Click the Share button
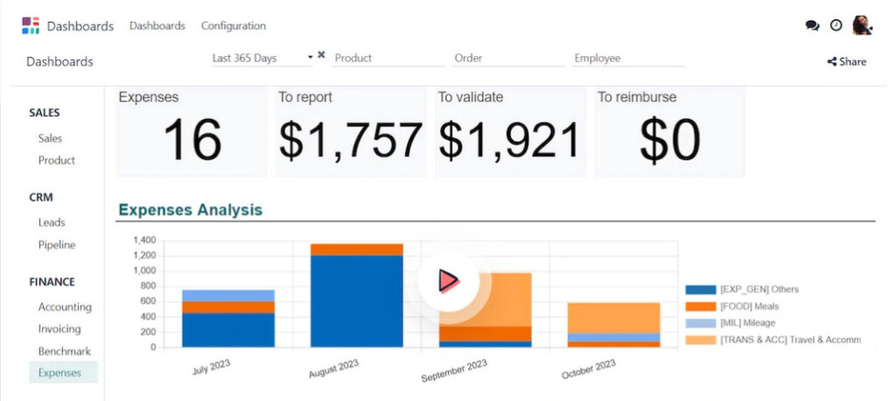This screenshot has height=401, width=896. pos(846,61)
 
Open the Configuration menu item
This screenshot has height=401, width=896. pos(233,25)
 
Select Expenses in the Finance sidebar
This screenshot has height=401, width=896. pos(59,372)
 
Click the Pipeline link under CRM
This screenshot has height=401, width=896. pos(57,245)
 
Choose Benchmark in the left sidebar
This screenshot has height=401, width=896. pos(64,351)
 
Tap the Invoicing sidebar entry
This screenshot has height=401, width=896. pos(59,329)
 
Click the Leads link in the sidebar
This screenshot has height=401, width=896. pos(52,222)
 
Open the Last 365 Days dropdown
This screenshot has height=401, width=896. pos(262,58)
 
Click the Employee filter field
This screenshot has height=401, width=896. pos(628,58)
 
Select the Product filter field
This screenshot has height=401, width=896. pos(388,58)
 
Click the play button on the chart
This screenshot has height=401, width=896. pos(448,280)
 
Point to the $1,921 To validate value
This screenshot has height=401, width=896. pos(508,140)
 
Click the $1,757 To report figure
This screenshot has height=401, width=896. pos(350,140)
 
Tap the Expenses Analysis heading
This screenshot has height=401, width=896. pos(190,209)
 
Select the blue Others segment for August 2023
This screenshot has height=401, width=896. pos(356,301)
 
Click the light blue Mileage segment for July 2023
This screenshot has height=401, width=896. pos(227,295)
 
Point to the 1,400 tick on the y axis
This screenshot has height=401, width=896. pos(143,240)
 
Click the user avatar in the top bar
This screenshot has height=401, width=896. pos(862,25)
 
